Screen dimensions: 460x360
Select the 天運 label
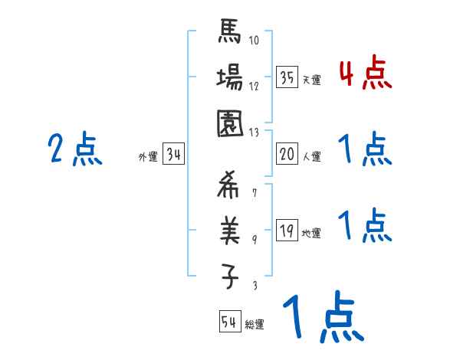pyautogui.click(x=311, y=80)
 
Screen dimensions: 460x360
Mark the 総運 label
pyautogui.click(x=255, y=325)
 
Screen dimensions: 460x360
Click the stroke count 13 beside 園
pyautogui.click(x=255, y=131)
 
